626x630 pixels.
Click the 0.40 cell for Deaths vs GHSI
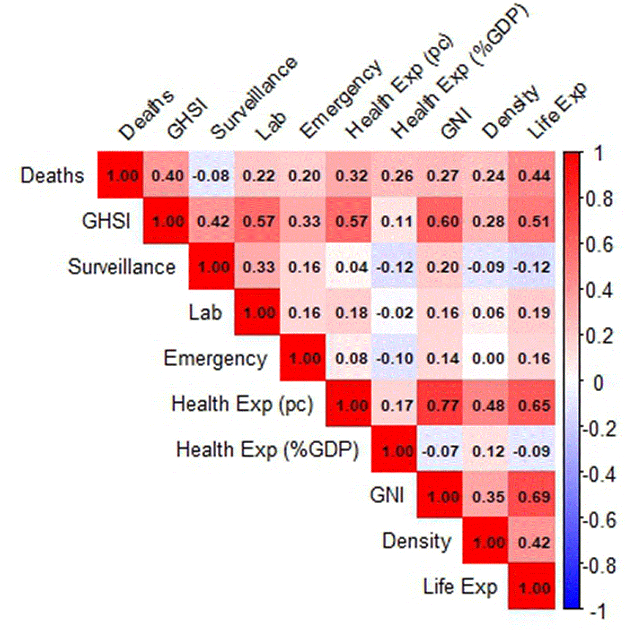click(166, 175)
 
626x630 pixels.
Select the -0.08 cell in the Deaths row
click(211, 175)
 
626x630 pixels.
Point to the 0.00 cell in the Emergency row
click(486, 358)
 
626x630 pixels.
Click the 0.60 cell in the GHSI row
click(440, 221)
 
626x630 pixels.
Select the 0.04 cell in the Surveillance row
click(349, 266)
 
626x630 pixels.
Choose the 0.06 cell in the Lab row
click(486, 312)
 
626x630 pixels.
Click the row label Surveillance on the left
click(121, 267)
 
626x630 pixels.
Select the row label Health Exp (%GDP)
click(267, 450)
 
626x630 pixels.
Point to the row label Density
click(417, 541)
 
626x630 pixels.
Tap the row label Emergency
click(215, 359)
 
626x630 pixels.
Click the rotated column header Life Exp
click(558, 110)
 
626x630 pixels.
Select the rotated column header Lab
click(272, 125)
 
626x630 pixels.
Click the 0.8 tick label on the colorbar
click(599, 199)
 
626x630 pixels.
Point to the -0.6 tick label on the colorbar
click(599, 520)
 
